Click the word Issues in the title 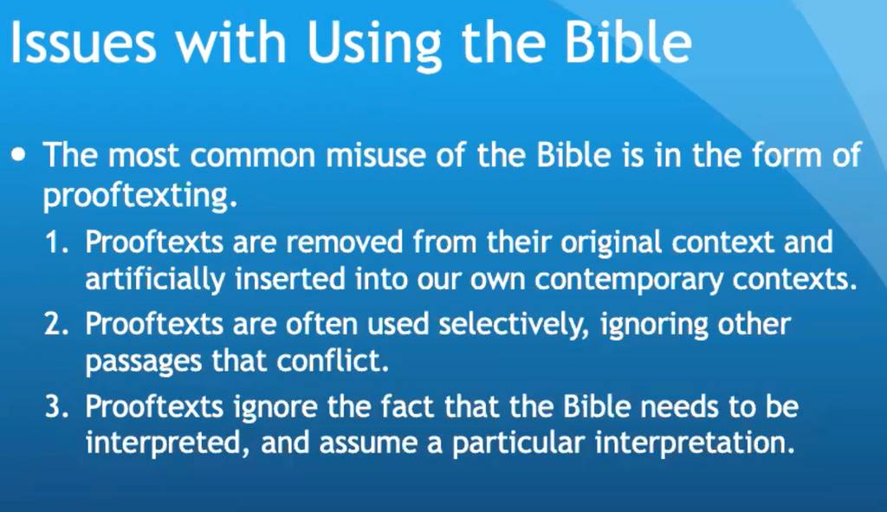pos(83,42)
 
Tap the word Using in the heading pos(373,45)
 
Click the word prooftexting pos(139,197)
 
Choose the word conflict pos(333,361)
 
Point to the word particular pos(518,444)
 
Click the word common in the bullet pos(253,156)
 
